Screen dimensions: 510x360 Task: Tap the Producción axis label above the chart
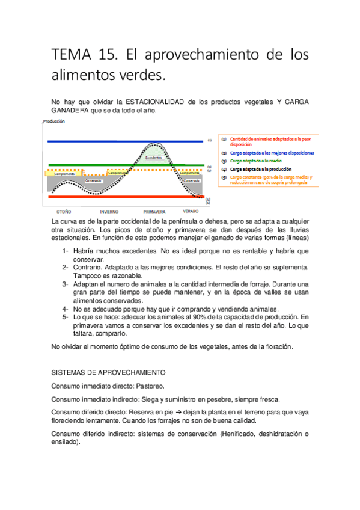coord(53,121)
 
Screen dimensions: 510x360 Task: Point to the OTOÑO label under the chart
coord(64,212)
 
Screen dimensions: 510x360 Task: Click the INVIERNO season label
coord(109,212)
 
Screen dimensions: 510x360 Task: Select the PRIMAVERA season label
coord(154,212)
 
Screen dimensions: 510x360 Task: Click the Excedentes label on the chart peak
coord(153,158)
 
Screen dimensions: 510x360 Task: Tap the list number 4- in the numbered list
coord(66,309)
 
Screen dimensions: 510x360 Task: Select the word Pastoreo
coord(149,386)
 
